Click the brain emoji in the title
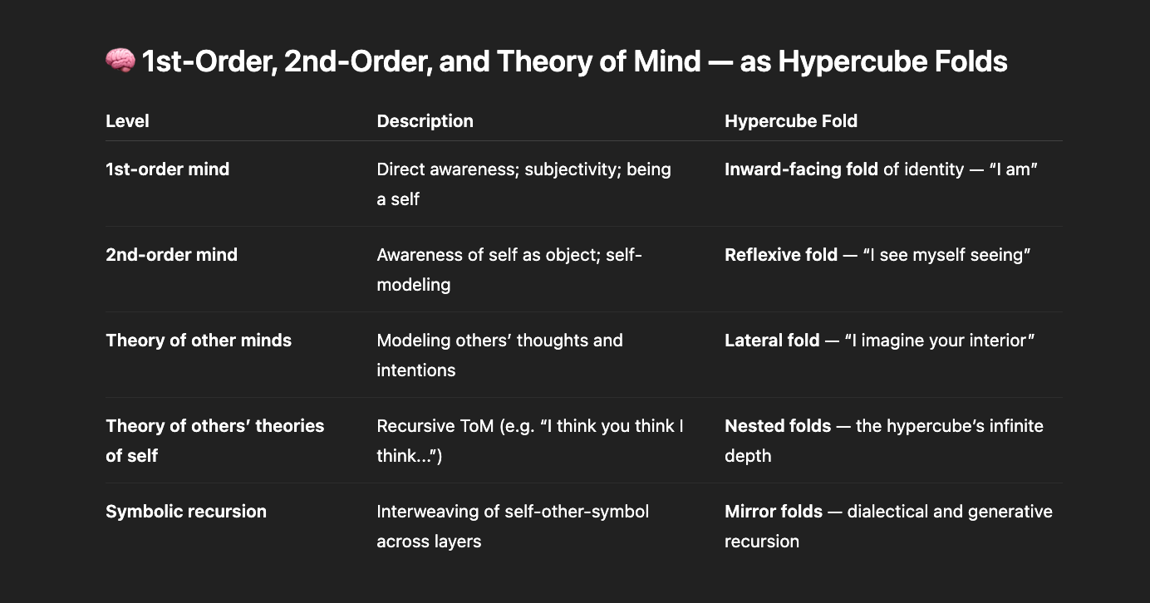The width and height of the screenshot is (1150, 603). [120, 61]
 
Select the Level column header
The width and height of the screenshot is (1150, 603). [127, 121]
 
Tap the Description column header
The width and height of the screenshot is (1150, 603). [425, 121]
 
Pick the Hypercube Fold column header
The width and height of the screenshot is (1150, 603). [790, 121]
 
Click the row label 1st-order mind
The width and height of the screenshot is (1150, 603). [167, 169]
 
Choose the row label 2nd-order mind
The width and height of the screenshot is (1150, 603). [171, 255]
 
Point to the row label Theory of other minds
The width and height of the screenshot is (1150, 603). [199, 341]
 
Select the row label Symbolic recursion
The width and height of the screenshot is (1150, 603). [186, 512]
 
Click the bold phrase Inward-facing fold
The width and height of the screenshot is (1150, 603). [801, 169]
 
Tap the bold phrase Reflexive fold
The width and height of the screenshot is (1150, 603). [780, 255]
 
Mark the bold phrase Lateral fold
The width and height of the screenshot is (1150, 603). [772, 341]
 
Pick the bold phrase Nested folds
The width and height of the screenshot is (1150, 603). [778, 426]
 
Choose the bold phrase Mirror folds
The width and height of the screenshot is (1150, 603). [774, 512]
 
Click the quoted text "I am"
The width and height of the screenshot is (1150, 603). [1014, 169]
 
